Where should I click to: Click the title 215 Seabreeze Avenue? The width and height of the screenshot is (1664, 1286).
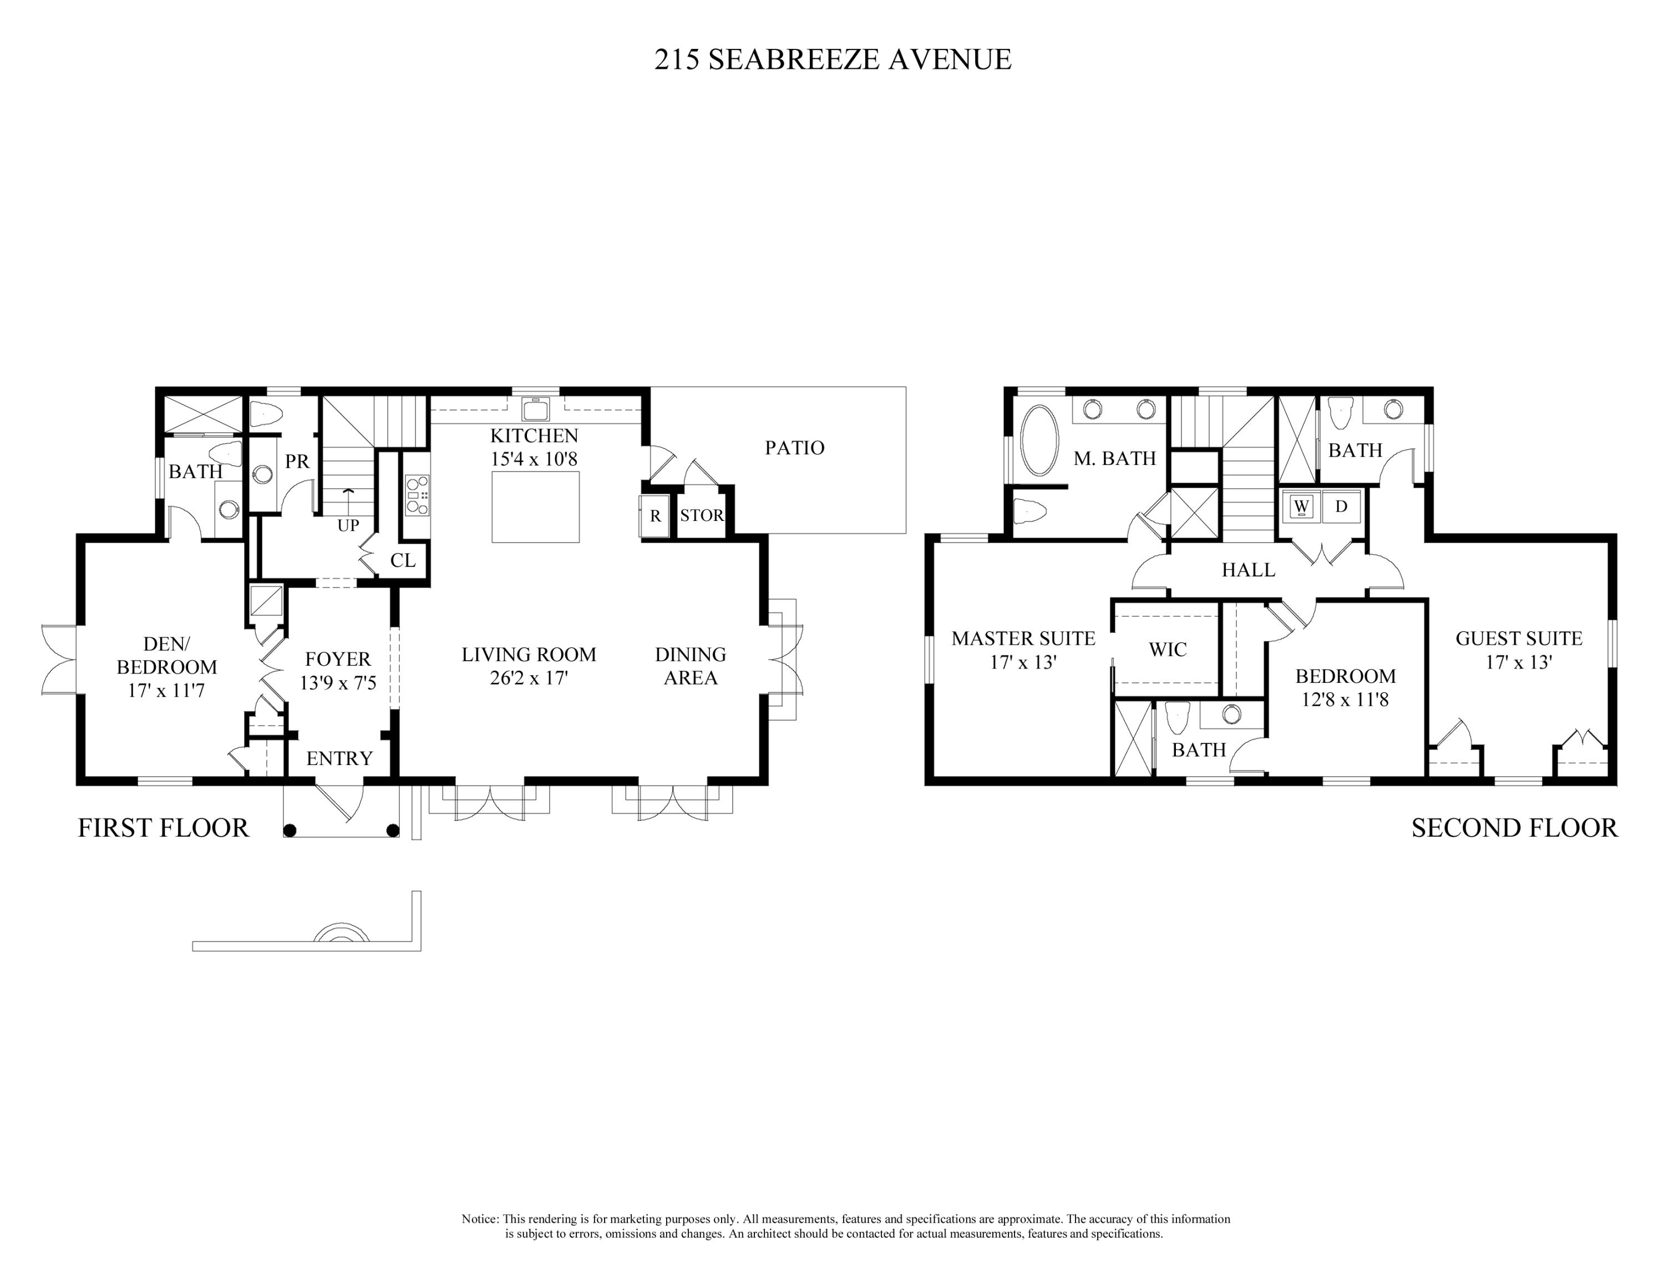[832, 59]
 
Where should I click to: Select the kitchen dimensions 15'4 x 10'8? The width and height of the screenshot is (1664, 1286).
[534, 459]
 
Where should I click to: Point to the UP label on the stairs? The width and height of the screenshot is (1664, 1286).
[348, 526]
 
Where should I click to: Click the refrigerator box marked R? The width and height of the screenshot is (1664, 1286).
[655, 516]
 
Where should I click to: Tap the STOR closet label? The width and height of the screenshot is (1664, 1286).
[701, 516]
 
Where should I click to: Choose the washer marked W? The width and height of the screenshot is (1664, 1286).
[1301, 506]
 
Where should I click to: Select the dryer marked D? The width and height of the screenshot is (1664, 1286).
[1341, 506]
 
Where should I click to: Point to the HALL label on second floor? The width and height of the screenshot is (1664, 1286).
[1248, 570]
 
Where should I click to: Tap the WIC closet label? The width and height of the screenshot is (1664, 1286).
[1167, 650]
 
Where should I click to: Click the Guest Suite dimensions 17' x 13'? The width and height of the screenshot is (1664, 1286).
[1519, 662]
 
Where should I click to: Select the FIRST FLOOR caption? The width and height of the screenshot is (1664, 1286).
[163, 828]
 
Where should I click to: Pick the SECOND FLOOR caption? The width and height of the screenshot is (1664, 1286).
[1514, 828]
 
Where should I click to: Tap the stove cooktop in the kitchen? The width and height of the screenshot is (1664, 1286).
[417, 495]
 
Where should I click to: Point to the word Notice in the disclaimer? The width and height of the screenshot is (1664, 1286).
[479, 1219]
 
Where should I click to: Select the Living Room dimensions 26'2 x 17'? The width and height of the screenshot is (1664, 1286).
[529, 678]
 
